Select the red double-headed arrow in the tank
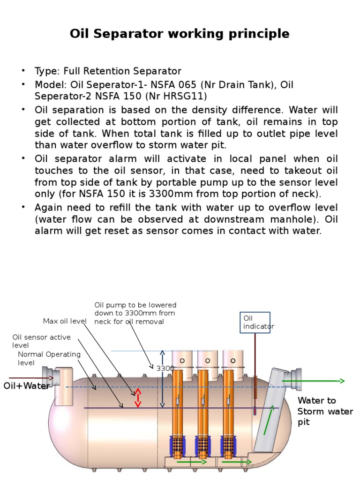coord(138,398)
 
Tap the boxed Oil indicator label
coord(255,322)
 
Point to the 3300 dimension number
coord(165,368)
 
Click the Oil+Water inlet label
coord(26,386)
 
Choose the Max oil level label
coord(65,321)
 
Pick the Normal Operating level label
coord(49,359)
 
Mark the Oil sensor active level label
coord(41,341)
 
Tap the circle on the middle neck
coord(207,360)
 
